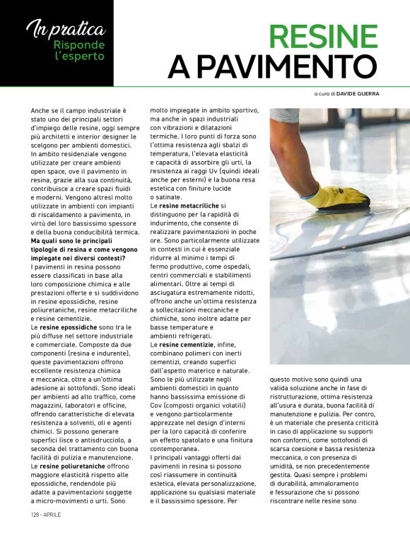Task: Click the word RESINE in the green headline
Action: tap(324, 37)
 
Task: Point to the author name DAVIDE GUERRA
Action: tap(357, 93)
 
